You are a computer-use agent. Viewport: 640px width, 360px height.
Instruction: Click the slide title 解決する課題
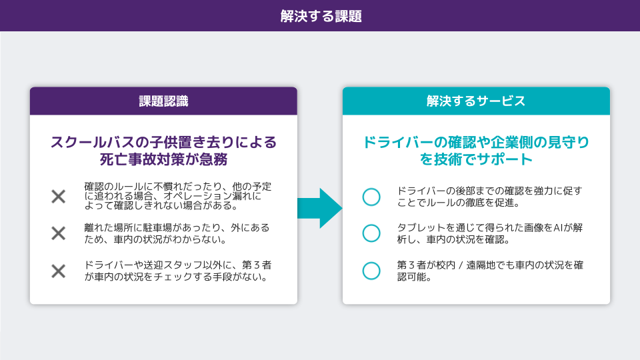[x=321, y=16]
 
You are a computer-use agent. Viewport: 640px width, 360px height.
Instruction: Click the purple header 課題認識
[x=163, y=101]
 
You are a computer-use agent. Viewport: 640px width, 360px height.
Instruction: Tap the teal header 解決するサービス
[x=476, y=101]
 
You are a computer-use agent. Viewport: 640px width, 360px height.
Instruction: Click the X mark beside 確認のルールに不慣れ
[x=59, y=197]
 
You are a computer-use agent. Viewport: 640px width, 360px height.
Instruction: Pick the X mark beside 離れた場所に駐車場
[x=59, y=233]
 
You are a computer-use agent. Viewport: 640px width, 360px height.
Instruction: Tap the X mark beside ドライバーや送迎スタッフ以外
[x=59, y=271]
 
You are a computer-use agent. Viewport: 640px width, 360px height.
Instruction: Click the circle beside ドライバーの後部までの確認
[x=371, y=197]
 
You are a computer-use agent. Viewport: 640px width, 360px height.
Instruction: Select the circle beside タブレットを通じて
[x=371, y=233]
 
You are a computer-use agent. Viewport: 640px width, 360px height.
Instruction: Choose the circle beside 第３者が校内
[x=371, y=271]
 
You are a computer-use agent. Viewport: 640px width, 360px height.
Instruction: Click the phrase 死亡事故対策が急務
[x=163, y=160]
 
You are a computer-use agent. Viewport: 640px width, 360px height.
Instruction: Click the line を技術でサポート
[x=476, y=160]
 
